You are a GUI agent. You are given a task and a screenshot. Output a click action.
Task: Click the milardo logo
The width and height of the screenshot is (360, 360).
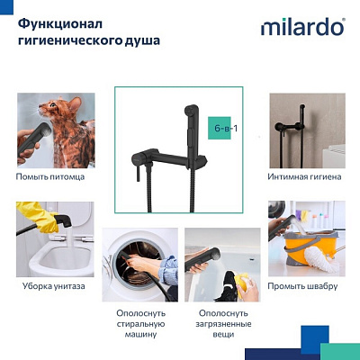301,27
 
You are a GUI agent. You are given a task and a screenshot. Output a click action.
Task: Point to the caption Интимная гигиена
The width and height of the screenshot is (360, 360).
304,177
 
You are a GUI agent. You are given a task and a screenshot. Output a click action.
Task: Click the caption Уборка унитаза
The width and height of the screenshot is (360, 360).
53,286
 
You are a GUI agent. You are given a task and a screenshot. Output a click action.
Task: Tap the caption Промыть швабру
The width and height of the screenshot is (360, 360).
303,286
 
